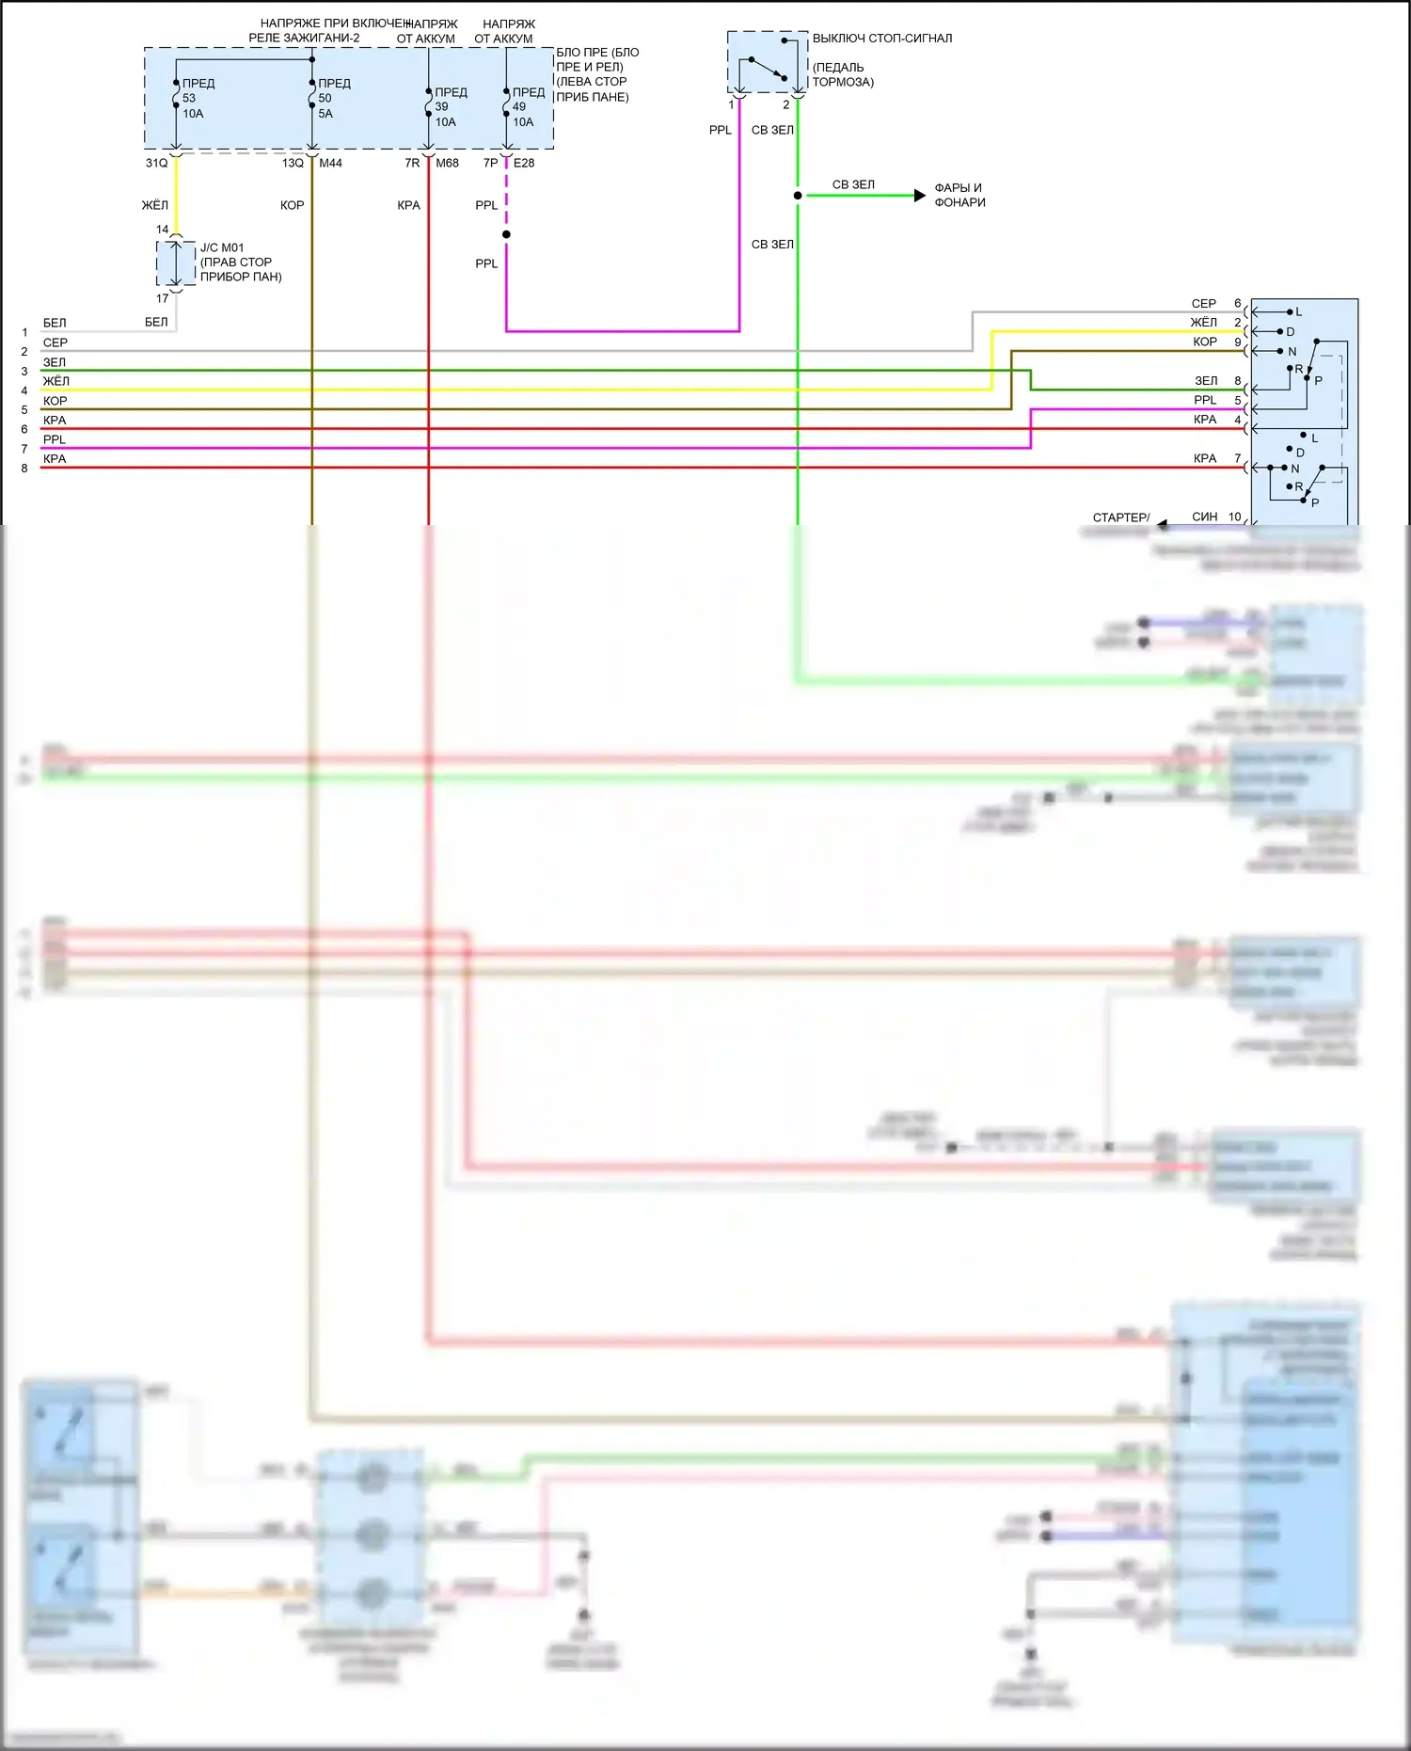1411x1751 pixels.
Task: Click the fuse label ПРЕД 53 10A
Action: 197,98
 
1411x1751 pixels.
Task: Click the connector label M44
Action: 331,163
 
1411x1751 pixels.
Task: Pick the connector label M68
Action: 448,163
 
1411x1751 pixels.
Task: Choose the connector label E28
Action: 524,163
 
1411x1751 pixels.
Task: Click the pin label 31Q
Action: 156,163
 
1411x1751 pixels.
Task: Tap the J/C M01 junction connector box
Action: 176,263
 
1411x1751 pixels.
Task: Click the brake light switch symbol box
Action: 767,62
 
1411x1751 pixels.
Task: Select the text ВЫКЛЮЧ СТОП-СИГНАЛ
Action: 882,39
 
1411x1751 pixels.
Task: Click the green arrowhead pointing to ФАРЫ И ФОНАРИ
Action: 919,196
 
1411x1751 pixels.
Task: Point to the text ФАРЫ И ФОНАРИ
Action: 959,195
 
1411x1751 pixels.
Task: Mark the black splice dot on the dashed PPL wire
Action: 506,234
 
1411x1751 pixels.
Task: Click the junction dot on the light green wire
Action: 798,196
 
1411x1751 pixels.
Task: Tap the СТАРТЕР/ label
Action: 1120,517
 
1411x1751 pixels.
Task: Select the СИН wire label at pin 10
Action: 1204,517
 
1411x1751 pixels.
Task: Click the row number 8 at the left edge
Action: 24,468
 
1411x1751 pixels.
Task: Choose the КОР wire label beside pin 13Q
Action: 292,205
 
